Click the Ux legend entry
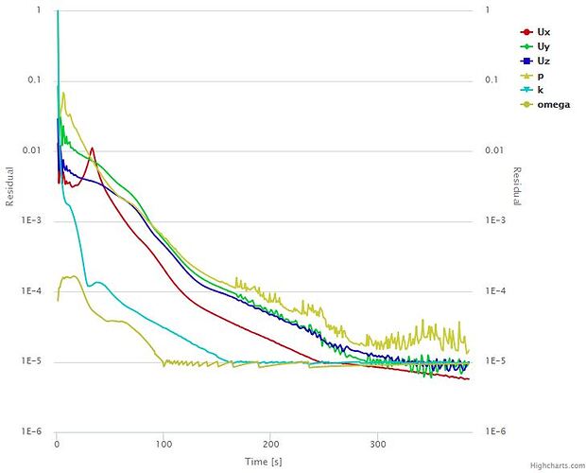(543, 31)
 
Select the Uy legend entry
(543, 46)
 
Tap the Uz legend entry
(543, 61)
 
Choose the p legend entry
(542, 75)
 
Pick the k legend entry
(542, 89)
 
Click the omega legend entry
(552, 104)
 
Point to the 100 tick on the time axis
(164, 443)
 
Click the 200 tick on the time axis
(271, 443)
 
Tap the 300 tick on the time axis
(378, 443)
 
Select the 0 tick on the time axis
(58, 443)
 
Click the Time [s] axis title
(264, 461)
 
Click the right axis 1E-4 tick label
(493, 291)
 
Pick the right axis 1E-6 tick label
(493, 431)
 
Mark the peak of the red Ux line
(92, 148)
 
